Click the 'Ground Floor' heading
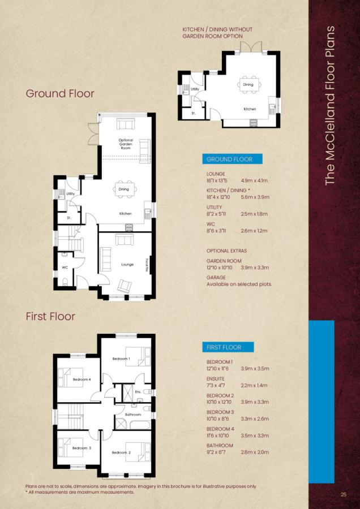coord(60,93)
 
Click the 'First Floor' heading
coord(50,316)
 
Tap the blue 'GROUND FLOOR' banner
coord(228,159)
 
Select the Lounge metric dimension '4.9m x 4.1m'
coord(255,181)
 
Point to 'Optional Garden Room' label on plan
coord(126,144)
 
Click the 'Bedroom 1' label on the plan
coord(121,359)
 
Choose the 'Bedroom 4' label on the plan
coord(82,379)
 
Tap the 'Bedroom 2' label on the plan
coord(121,452)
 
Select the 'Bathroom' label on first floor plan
coord(132,415)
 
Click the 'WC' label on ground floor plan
coord(65,267)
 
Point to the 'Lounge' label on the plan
coord(127,264)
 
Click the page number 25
coord(343,495)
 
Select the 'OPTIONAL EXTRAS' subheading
coord(226,251)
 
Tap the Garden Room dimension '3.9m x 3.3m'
coord(255,268)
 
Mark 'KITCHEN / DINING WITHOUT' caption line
coord(217,29)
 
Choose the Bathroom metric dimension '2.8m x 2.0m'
coord(255,452)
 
